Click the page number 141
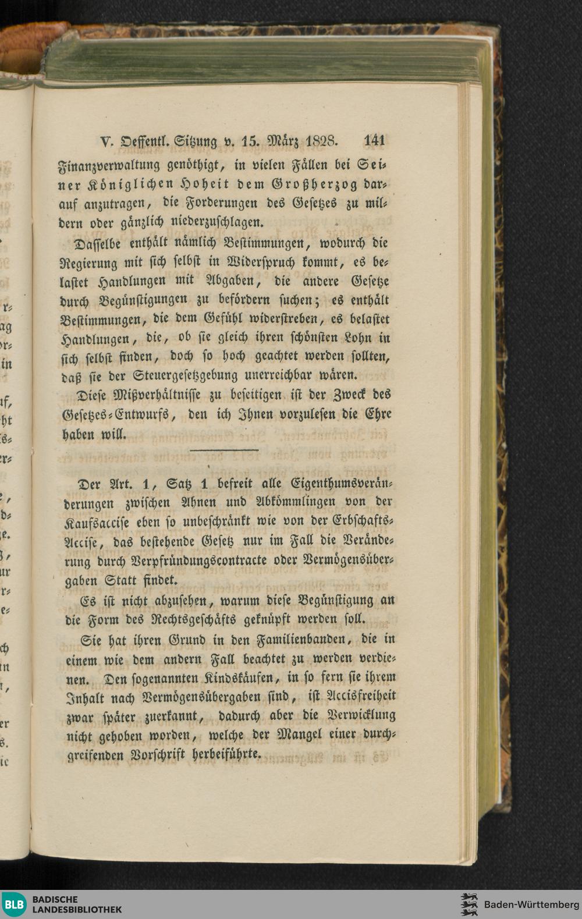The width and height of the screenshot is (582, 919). [374, 141]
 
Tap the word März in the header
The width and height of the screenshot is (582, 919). [282, 141]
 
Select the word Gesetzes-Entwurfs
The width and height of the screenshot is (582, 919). [115, 415]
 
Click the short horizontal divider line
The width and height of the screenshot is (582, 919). [224, 450]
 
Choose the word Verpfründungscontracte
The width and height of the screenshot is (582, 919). [194, 561]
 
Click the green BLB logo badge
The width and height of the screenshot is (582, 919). [13, 904]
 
